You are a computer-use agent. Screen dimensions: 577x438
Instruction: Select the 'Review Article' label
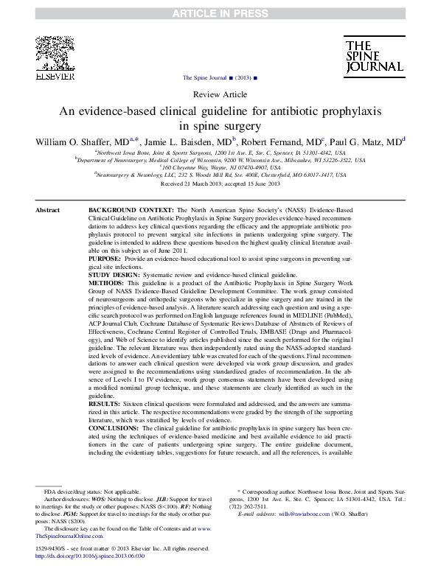click(x=219, y=96)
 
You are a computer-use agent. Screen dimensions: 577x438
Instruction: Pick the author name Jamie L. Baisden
click(x=182, y=141)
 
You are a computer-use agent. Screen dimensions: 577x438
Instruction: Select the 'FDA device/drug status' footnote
click(x=87, y=490)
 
